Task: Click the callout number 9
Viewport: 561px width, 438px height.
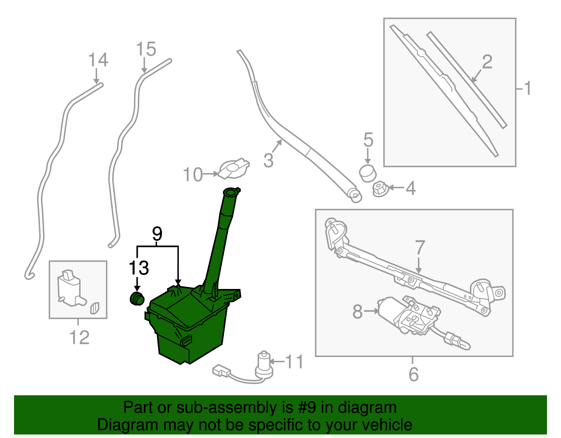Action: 157,234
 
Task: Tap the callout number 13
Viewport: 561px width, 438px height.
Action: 139,268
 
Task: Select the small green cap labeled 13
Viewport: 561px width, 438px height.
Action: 137,298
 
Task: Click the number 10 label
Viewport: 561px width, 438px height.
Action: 193,174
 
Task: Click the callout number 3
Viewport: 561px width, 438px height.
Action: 268,160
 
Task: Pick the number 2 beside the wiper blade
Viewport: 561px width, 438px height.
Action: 487,62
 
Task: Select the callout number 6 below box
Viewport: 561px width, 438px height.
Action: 413,374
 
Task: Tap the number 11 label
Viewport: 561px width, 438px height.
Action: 295,362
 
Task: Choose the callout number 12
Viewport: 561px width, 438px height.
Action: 79,338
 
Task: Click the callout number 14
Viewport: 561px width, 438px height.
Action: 98,60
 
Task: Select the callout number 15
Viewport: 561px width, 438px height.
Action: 146,49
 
